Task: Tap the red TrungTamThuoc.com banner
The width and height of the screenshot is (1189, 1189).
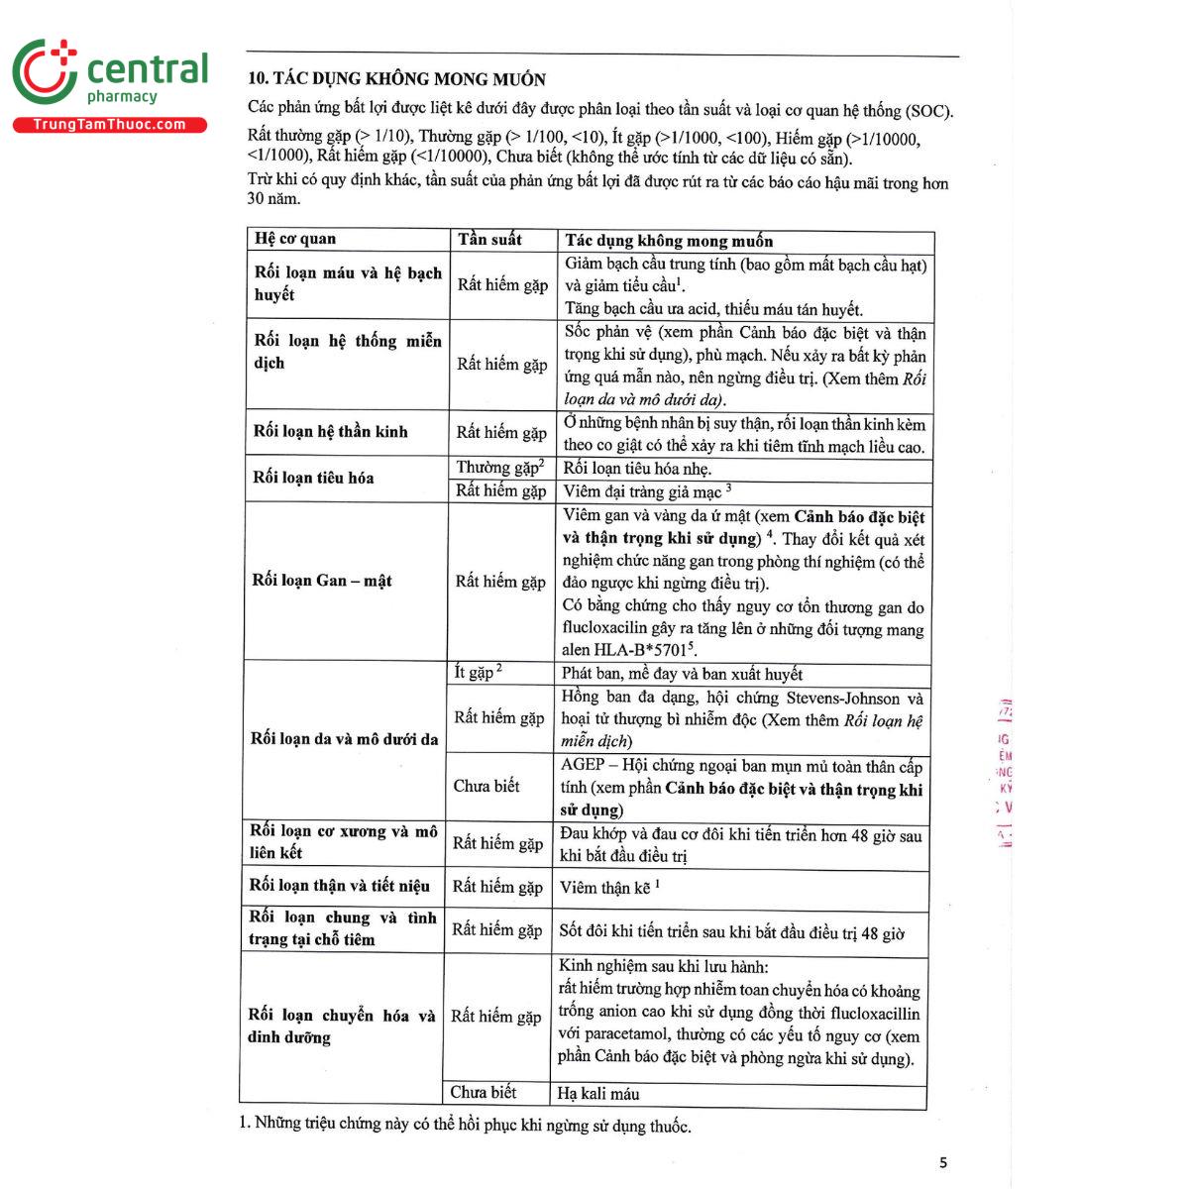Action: click(109, 125)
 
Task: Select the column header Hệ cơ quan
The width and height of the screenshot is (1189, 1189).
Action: click(295, 239)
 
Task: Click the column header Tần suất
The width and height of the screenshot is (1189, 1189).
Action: click(489, 240)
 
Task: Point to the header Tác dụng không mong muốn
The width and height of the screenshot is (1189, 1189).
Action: click(669, 241)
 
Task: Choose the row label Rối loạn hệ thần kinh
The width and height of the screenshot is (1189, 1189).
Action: click(330, 431)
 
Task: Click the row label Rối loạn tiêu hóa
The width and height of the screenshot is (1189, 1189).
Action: click(313, 478)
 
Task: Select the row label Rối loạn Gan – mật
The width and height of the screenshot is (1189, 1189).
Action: click(322, 581)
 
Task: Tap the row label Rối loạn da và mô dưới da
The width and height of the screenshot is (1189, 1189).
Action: click(344, 739)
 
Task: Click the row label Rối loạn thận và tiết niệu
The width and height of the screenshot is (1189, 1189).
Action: click(340, 886)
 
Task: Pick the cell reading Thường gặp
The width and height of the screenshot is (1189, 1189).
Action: click(496, 468)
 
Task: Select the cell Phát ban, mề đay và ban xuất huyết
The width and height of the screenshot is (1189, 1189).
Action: click(682, 674)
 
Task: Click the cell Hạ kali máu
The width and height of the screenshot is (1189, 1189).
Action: click(598, 1094)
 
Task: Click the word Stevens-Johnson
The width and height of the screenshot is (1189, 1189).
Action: click(843, 698)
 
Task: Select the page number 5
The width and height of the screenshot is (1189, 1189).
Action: click(943, 1162)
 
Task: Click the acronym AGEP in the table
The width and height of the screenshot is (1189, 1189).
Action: click(583, 766)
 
